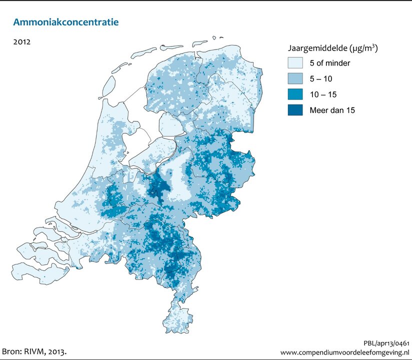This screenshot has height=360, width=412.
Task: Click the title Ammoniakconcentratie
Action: pyautogui.click(x=66, y=22)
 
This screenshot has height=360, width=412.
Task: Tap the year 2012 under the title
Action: pyautogui.click(x=22, y=42)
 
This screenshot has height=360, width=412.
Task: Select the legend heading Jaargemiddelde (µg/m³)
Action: pyautogui.click(x=332, y=49)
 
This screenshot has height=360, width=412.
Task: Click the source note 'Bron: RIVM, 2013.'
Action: pyautogui.click(x=34, y=351)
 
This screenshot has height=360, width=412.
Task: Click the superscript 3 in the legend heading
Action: pyautogui.click(x=374, y=46)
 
